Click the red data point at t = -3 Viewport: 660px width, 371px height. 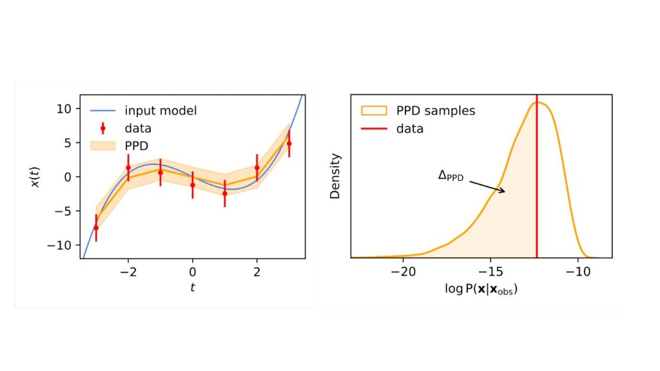[x=96, y=227]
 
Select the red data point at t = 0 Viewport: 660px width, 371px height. [x=193, y=185]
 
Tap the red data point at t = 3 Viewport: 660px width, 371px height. [x=289, y=144]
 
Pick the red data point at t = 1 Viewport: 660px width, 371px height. [x=225, y=193]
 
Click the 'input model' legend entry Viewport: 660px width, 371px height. [x=160, y=111]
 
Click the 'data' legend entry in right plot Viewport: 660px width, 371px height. [x=411, y=128]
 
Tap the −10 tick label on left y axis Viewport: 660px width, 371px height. [x=62, y=245]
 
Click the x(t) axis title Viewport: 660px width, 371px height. [x=36, y=176]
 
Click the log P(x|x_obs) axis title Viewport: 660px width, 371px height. [x=481, y=289]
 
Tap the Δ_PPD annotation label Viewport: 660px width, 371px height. [x=451, y=176]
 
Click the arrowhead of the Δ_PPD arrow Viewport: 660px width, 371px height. [x=503, y=191]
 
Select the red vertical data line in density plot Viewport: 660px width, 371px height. [x=537, y=193]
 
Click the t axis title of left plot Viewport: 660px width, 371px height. [x=193, y=288]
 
